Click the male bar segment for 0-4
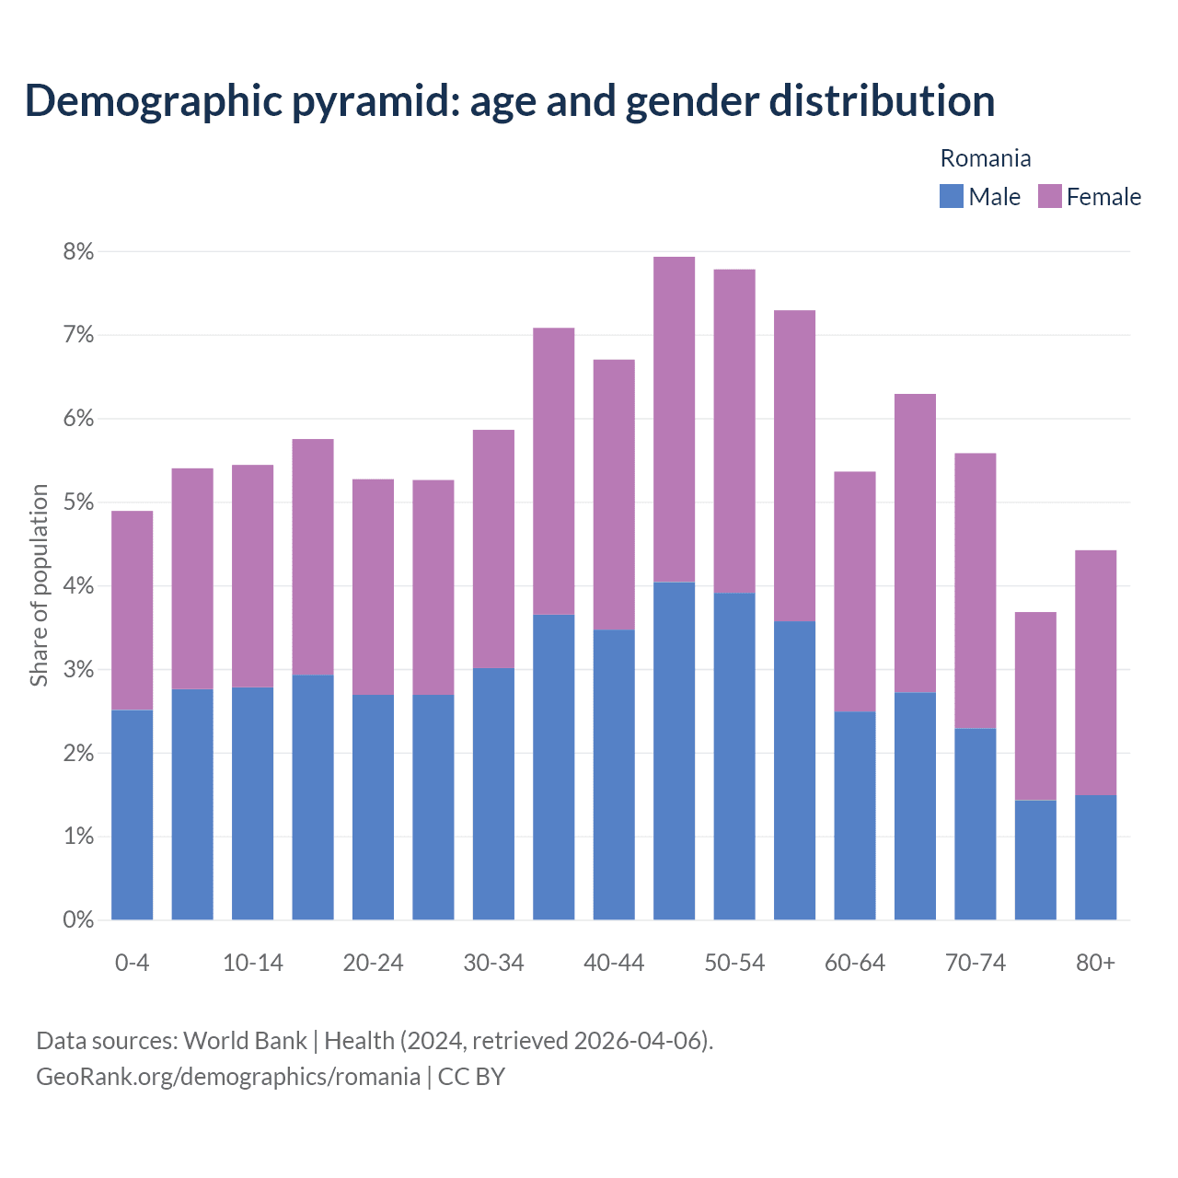pyautogui.click(x=132, y=814)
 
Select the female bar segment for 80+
pyautogui.click(x=1095, y=672)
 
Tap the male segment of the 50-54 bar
pyautogui.click(x=734, y=756)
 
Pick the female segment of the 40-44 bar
pyautogui.click(x=614, y=494)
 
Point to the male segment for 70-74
pyautogui.click(x=975, y=824)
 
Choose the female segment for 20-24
pyautogui.click(x=373, y=586)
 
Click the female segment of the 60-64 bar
pyautogui.click(x=854, y=591)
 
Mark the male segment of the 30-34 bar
pyautogui.click(x=493, y=793)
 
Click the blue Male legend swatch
pyautogui.click(x=951, y=196)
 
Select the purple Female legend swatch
pyautogui.click(x=1049, y=196)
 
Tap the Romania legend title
pyautogui.click(x=985, y=158)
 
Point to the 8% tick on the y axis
pyautogui.click(x=79, y=251)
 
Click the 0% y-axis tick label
pyautogui.click(x=79, y=919)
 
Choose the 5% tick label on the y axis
pyautogui.click(x=79, y=502)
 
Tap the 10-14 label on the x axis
pyautogui.click(x=253, y=963)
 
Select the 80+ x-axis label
pyautogui.click(x=1095, y=963)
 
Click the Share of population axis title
pyautogui.click(x=39, y=585)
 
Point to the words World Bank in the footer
pyautogui.click(x=245, y=1041)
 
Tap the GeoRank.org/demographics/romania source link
pyautogui.click(x=227, y=1076)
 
